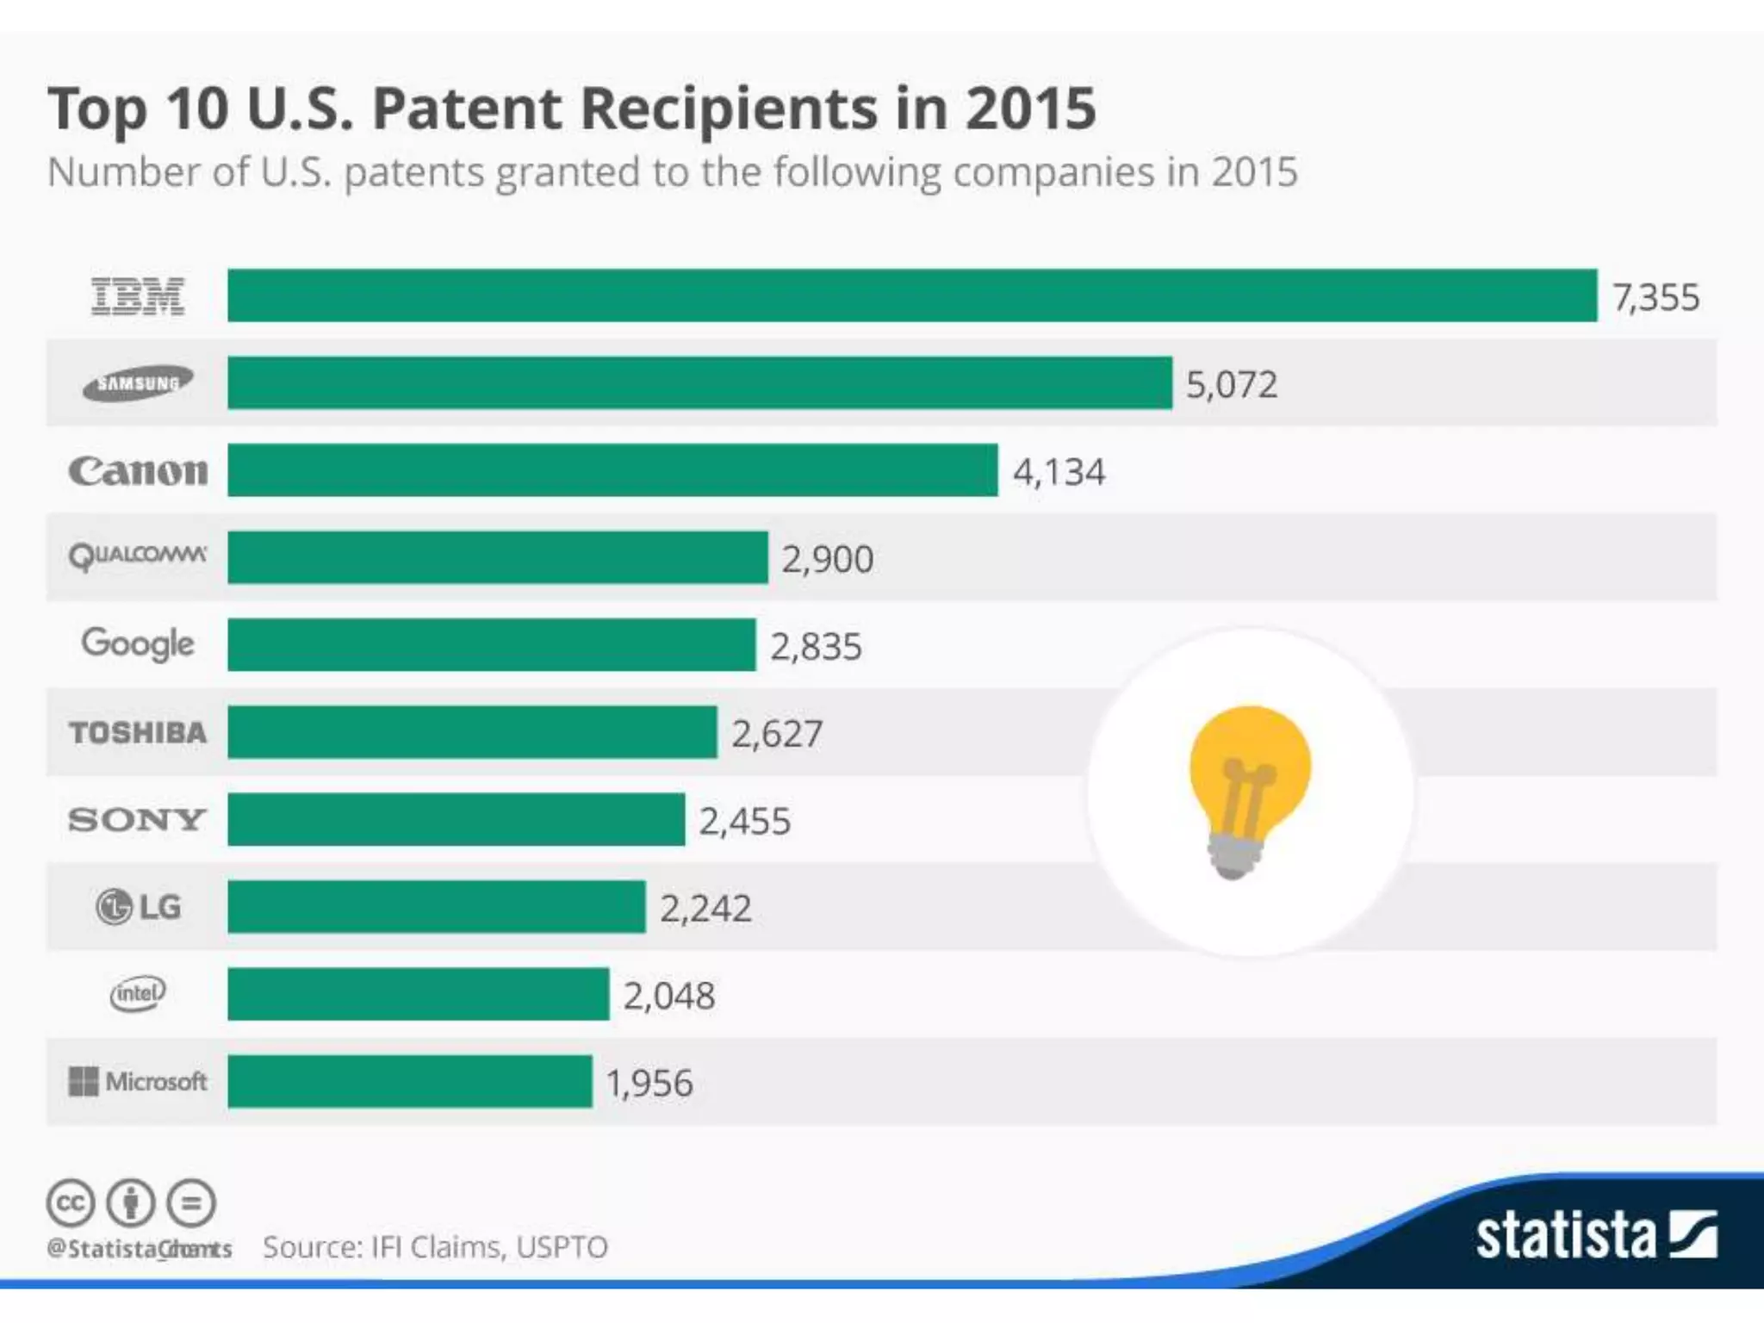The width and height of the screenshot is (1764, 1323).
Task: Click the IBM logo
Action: click(x=138, y=296)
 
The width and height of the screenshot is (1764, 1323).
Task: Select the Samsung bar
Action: click(x=699, y=382)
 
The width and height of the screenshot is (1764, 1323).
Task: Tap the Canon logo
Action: click(x=138, y=471)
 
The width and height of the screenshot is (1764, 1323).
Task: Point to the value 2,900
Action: click(x=827, y=559)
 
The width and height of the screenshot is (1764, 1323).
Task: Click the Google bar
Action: click(x=491, y=644)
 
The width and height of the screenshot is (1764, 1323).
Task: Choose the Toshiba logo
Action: click(x=138, y=732)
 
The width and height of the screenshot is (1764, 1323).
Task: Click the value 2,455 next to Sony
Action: click(x=744, y=821)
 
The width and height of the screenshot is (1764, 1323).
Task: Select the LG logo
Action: click(x=138, y=906)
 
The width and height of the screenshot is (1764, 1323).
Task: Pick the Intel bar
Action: click(x=418, y=994)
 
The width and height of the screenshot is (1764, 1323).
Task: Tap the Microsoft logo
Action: click(x=138, y=1081)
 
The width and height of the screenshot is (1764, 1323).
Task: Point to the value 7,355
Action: click(x=1655, y=297)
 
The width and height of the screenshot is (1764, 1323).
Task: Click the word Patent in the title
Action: click(x=467, y=109)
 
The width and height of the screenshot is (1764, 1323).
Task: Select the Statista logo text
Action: click(x=1566, y=1236)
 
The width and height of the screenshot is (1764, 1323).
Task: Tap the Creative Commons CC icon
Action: click(x=70, y=1202)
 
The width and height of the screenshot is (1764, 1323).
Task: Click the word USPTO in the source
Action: click(x=562, y=1247)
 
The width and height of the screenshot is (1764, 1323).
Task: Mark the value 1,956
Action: click(x=649, y=1083)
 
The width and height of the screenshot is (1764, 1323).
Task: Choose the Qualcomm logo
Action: click(x=138, y=556)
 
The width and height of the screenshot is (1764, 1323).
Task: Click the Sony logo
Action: click(x=138, y=819)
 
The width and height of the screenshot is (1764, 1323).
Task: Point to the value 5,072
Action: click(x=1231, y=384)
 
